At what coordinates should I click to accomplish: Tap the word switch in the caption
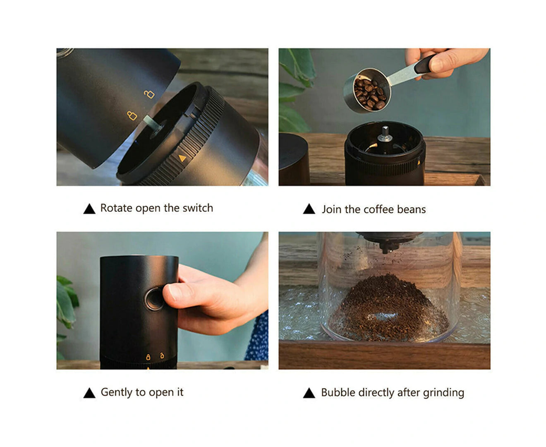198,208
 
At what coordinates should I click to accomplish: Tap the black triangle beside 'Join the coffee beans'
309,209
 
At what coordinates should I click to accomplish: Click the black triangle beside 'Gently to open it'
89,393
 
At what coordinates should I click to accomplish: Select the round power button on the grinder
154,299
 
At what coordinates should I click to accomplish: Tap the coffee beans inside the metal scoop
370,94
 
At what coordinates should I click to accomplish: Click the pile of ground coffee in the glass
388,308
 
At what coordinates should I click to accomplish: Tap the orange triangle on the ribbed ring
182,158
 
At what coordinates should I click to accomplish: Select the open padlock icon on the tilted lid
149,94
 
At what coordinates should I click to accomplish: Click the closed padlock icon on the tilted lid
132,115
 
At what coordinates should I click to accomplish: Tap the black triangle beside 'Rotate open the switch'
89,209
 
